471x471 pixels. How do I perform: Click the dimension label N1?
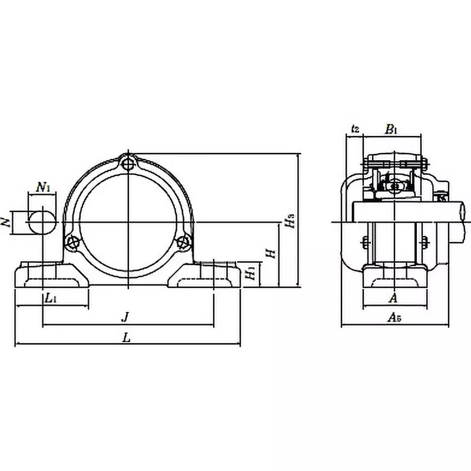click(43, 188)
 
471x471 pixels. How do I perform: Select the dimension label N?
click(6, 223)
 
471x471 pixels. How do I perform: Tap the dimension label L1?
click(51, 298)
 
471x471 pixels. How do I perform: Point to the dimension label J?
click(125, 317)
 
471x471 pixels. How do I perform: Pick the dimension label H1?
click(250, 273)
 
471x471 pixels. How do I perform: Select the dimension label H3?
click(288, 221)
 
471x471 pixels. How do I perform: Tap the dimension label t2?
click(354, 129)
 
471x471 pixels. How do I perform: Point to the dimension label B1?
click(392, 129)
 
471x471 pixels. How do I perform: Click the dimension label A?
click(393, 298)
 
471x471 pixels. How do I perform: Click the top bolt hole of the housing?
click(128, 165)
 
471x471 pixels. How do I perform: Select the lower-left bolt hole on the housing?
click(72, 241)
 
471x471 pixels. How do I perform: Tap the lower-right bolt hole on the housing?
click(183, 241)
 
